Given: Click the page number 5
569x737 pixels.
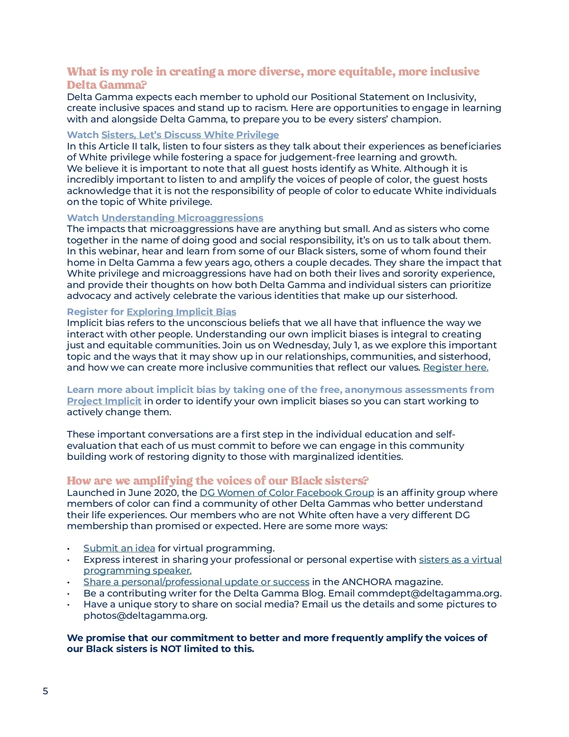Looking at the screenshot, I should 46,691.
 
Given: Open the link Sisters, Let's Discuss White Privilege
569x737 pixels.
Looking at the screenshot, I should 190,135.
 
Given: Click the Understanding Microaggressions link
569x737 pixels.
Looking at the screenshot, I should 182,218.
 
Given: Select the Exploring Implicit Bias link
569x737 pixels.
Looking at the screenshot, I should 181,312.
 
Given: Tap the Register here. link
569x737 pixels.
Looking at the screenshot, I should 455,367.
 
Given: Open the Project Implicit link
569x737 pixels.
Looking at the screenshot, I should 104,401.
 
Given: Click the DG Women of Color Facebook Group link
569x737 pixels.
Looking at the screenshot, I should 287,493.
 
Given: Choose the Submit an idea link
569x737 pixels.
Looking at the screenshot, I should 119,548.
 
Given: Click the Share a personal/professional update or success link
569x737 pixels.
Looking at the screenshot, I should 196,582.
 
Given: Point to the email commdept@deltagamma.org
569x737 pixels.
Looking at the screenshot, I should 429,593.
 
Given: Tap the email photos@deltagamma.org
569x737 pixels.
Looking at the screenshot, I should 145,616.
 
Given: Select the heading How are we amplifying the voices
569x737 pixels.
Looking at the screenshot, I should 218,481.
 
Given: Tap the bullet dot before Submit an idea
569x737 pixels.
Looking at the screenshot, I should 69,549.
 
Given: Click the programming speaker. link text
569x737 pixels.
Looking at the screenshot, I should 138,570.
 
